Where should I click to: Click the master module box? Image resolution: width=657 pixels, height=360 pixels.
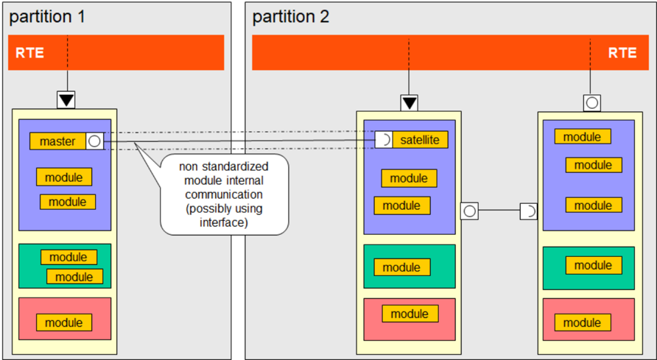coord(58,141)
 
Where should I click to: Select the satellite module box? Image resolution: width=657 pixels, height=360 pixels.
coord(420,139)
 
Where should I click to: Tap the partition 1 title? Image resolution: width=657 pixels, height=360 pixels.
coord(47,17)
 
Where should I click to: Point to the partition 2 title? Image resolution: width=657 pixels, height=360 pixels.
coord(291,17)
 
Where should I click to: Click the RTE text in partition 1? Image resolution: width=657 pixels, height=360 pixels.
coord(29,53)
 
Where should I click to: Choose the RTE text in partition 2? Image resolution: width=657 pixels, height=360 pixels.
coord(622,53)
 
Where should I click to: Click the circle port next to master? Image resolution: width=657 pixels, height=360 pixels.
coord(95,141)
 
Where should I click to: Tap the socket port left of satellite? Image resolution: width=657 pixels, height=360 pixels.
coord(384,139)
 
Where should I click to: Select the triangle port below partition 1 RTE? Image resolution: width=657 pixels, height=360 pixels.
coord(66,99)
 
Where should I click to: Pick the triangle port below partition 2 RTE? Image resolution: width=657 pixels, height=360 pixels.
coord(410,103)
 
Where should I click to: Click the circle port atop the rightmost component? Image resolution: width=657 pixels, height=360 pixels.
coord(592,103)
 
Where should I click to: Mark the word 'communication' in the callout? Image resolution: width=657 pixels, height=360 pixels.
coord(224,194)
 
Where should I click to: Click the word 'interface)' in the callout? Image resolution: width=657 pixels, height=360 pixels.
coord(224,222)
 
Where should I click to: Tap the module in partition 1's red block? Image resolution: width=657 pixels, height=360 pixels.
coord(64,322)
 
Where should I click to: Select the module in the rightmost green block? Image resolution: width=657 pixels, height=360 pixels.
coord(594,265)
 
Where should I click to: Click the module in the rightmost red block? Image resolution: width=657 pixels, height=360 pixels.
coord(583,322)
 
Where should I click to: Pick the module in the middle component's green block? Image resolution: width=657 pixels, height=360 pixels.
coord(402,267)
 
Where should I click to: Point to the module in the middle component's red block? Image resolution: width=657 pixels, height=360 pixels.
coord(410,314)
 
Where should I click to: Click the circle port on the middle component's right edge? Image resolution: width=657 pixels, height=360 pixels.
coord(469,211)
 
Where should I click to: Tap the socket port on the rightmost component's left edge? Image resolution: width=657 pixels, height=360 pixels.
coord(529,211)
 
